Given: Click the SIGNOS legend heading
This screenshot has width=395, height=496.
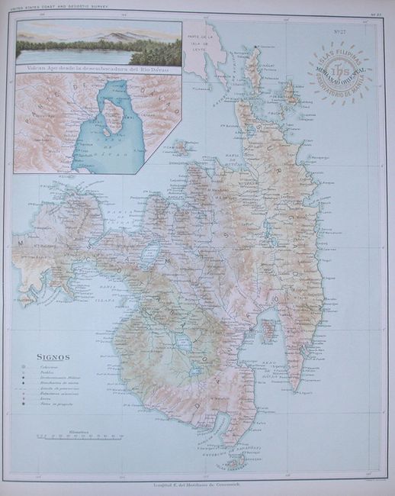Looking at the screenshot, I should pyautogui.click(x=53, y=356).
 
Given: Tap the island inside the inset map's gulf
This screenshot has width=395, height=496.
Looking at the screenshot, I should pyautogui.click(x=115, y=118).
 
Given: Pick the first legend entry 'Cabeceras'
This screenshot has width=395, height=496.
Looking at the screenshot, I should pyautogui.click(x=53, y=369).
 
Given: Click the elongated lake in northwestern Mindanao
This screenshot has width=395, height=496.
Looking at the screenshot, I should pyautogui.click(x=151, y=251).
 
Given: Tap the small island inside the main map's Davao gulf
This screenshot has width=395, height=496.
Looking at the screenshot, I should pyautogui.click(x=268, y=330).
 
